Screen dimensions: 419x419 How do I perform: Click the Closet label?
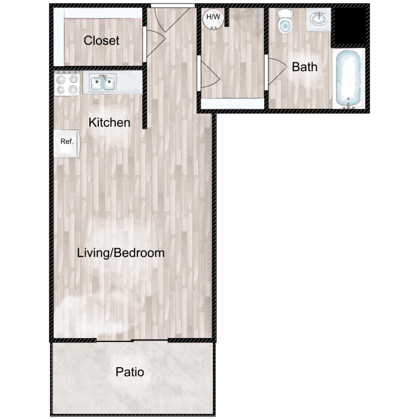pos(101,41)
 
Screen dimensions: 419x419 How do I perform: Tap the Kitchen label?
pos(109,122)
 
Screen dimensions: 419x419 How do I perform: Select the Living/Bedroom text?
pos(121,253)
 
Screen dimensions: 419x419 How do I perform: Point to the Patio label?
pos(130,372)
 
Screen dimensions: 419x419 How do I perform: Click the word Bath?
pos(304,67)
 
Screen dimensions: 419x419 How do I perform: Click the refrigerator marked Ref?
pos(66,144)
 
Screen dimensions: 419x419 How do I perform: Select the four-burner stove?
pos(67,83)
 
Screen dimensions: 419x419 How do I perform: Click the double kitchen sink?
pos(103,82)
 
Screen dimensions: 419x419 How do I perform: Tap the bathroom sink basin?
pos(319,19)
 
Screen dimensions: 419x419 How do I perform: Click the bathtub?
pos(349,79)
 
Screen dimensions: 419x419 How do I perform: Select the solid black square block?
pos(350,26)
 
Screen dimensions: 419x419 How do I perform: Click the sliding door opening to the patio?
pos(132,341)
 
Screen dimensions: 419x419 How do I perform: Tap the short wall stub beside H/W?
pos(227,17)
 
